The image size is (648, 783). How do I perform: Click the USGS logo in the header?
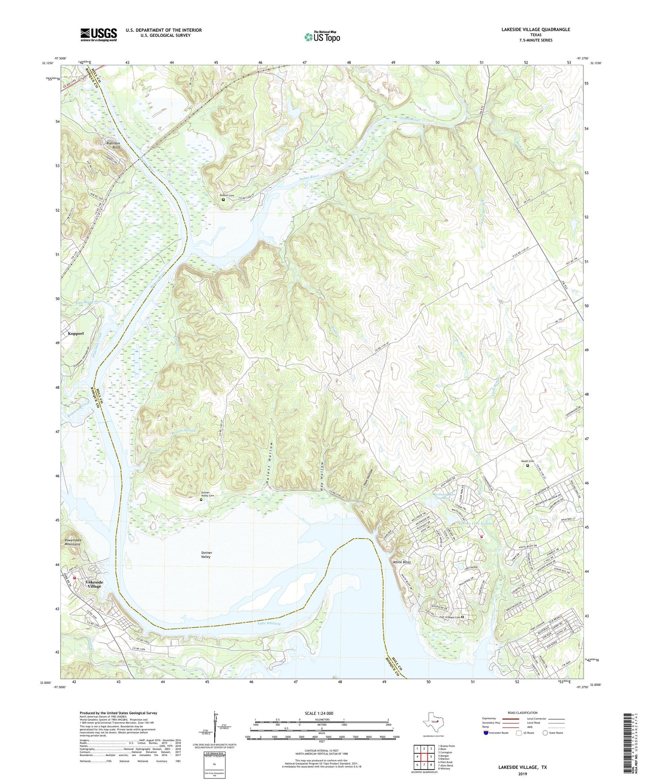99,35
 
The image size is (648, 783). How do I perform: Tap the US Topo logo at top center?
322,36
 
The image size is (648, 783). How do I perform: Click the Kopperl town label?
76,334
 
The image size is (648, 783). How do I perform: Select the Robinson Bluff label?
113,145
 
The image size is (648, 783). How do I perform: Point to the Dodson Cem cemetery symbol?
223,200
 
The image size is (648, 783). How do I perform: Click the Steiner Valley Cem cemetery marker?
201,500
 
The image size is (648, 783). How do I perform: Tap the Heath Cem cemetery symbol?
527,465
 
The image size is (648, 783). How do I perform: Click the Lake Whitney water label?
269,623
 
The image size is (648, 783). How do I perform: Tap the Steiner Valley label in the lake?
206,555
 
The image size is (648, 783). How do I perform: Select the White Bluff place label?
401,562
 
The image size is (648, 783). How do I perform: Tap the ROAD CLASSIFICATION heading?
522,713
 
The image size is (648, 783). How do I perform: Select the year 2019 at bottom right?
522,774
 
